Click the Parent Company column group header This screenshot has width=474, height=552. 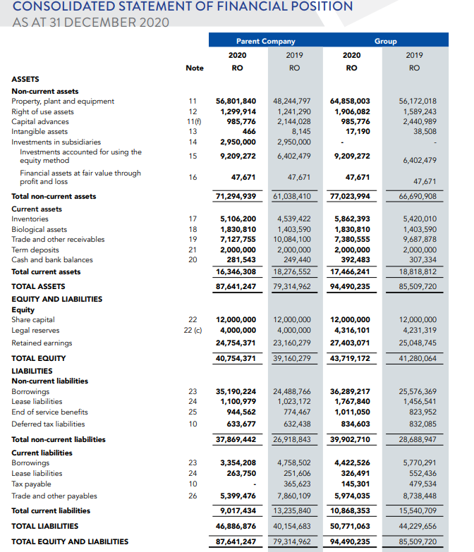pyautogui.click(x=265, y=41)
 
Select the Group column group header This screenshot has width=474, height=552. pyautogui.click(x=385, y=41)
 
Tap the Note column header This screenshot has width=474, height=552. pyautogui.click(x=194, y=68)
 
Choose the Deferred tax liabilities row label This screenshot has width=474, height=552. pyautogui.click(x=49, y=424)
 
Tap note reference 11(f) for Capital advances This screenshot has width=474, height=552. pyautogui.click(x=192, y=121)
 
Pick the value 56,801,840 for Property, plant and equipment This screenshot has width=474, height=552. pyautogui.click(x=236, y=102)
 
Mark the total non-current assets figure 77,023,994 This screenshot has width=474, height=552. pyautogui.click(x=350, y=196)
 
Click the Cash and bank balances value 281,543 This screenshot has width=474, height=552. pyautogui.click(x=240, y=259)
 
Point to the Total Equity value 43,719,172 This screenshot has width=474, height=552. pyautogui.click(x=350, y=358)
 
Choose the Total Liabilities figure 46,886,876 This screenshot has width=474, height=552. pyautogui.click(x=236, y=526)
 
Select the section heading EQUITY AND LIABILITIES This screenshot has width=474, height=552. pyautogui.click(x=56, y=299)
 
